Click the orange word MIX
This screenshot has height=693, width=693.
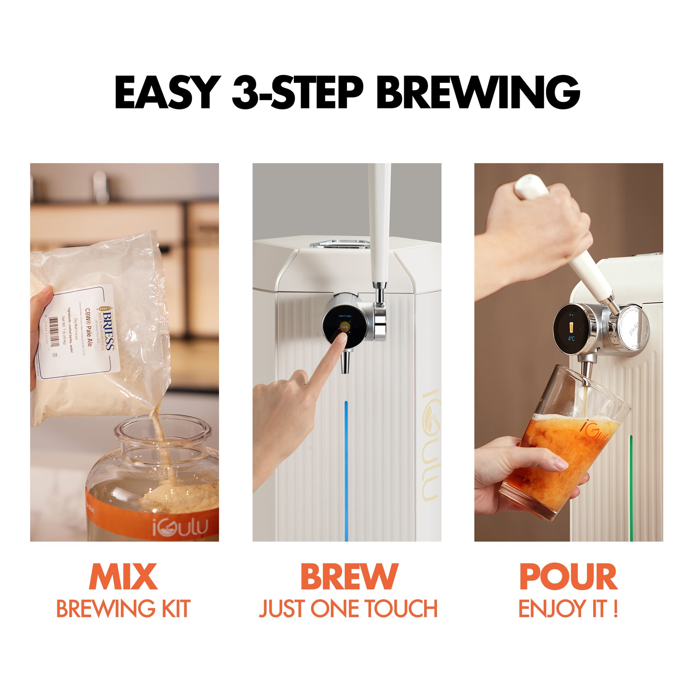click(x=123, y=577)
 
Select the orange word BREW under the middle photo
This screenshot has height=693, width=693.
click(x=349, y=577)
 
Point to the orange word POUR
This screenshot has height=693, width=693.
click(x=568, y=577)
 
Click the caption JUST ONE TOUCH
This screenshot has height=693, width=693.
click(x=348, y=609)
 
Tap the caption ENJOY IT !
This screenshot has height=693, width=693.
click(x=568, y=609)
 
